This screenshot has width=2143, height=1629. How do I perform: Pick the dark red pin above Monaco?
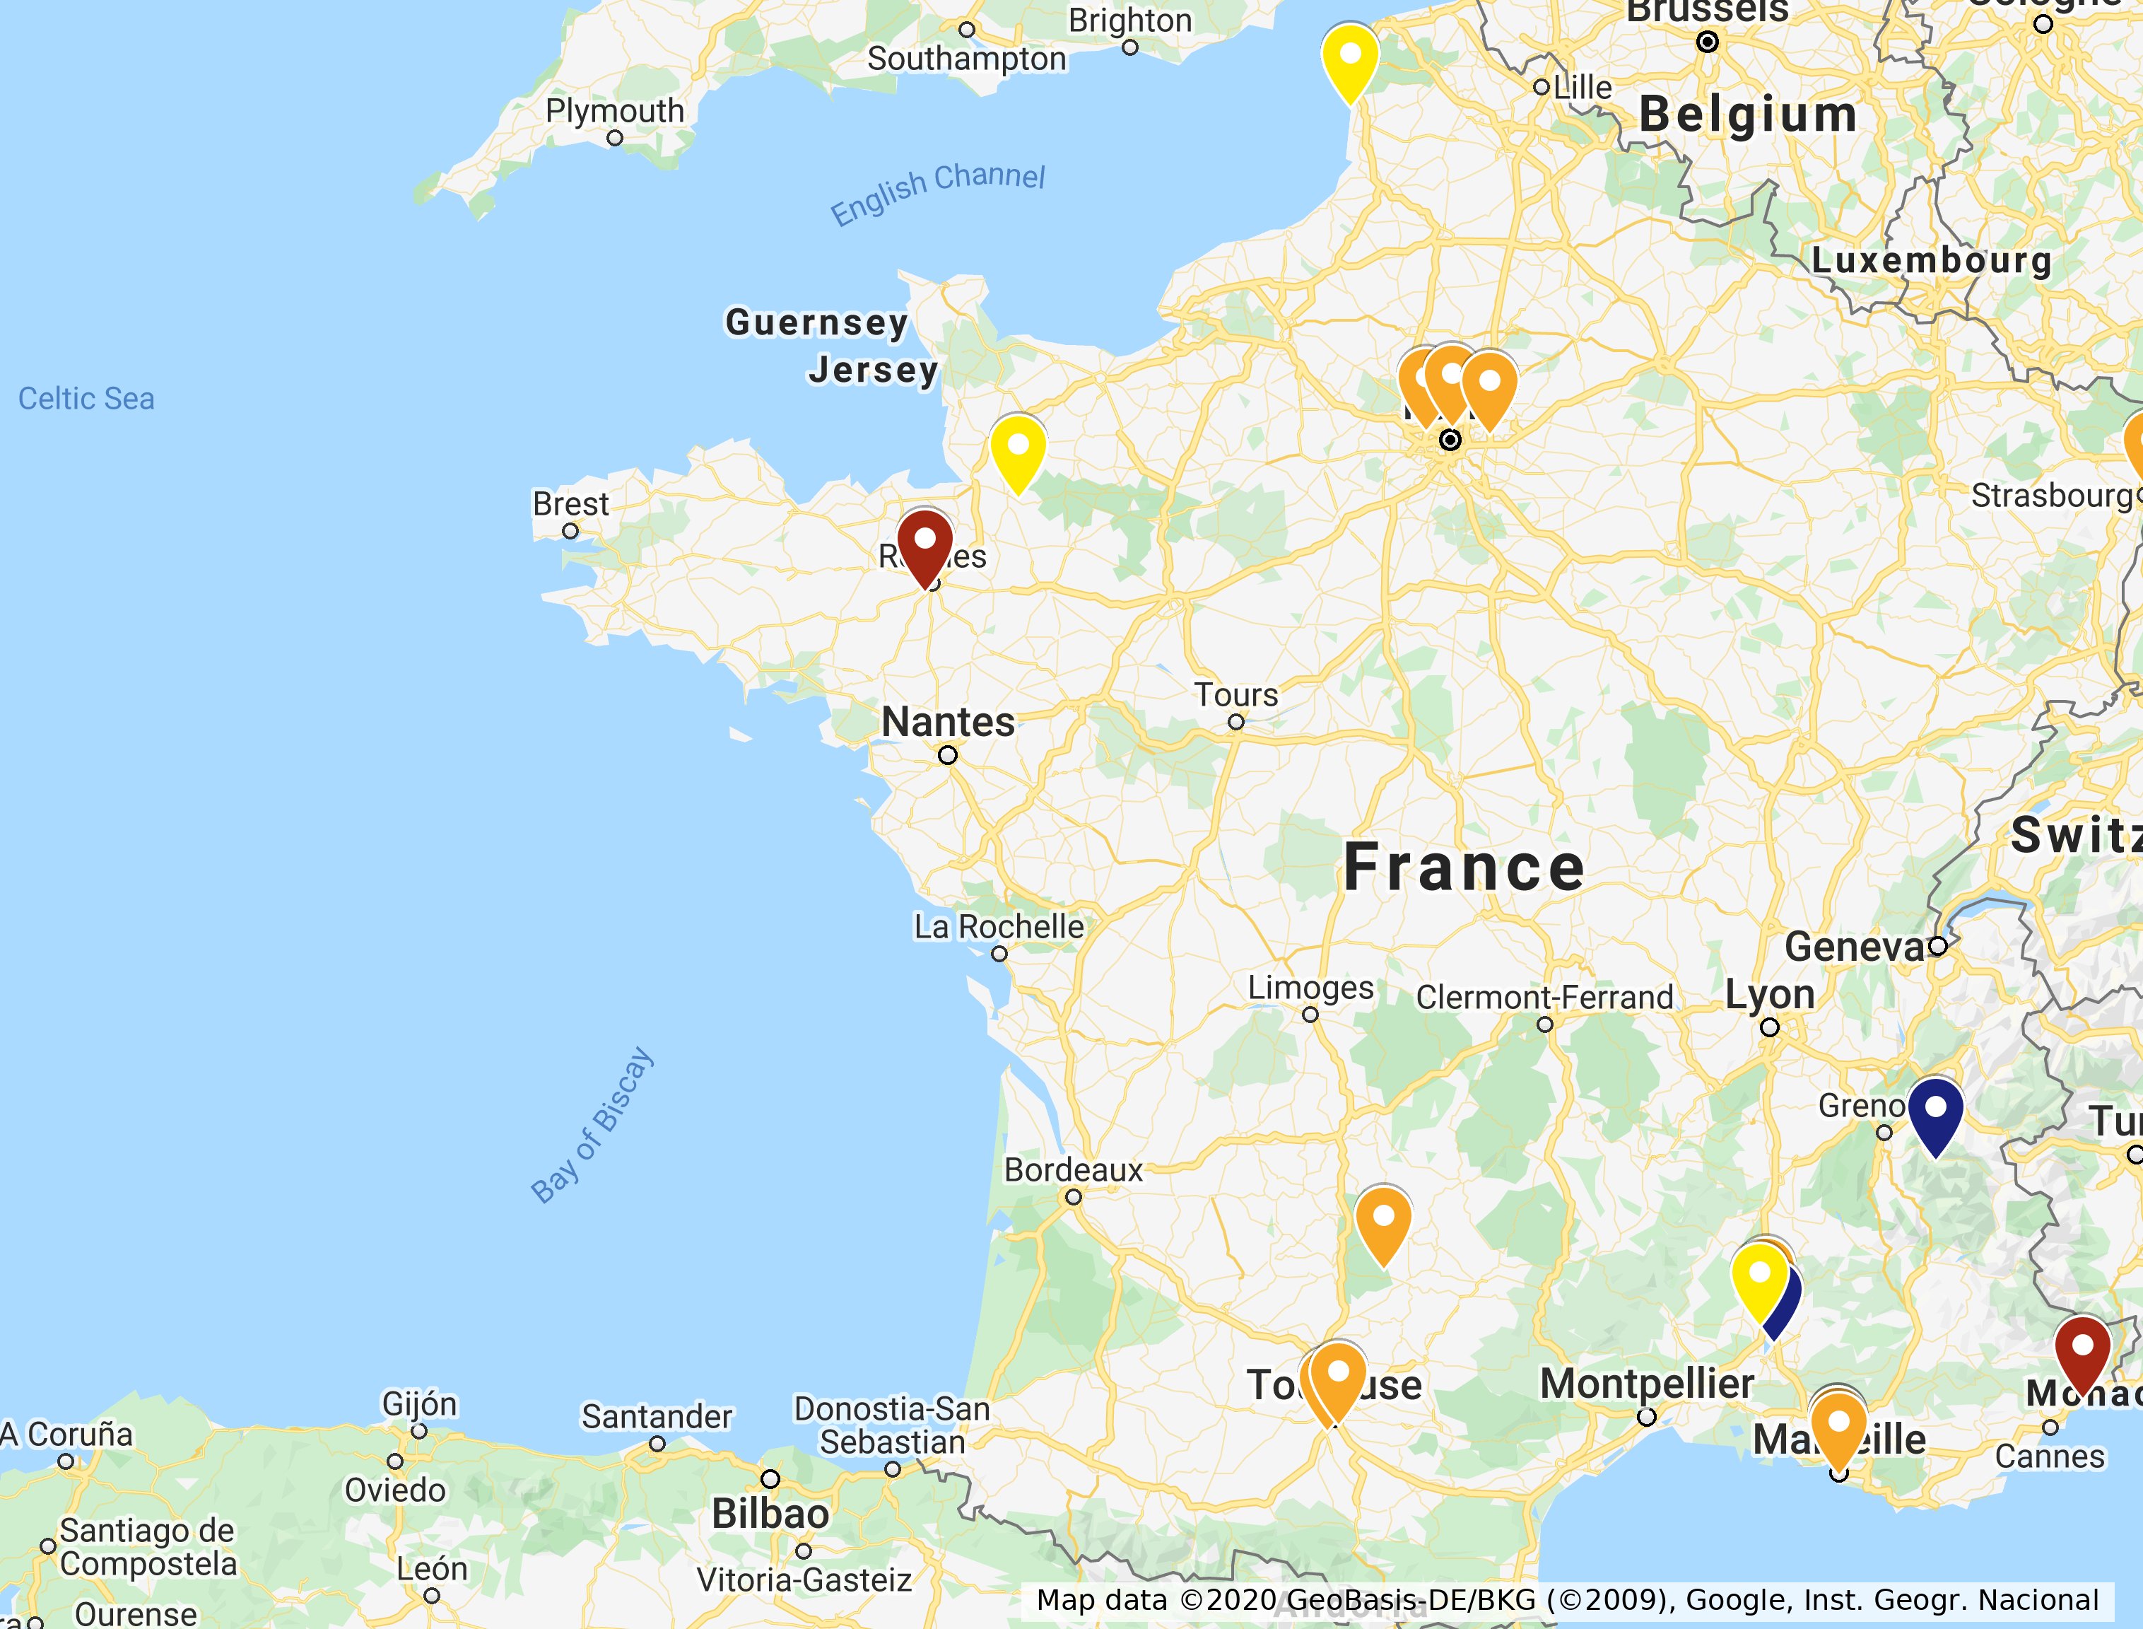tap(2082, 1350)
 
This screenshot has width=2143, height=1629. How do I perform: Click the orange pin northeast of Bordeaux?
tap(1383, 1222)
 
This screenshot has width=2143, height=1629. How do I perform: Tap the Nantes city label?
tap(948, 723)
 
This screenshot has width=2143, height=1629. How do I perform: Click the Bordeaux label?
tap(1073, 1170)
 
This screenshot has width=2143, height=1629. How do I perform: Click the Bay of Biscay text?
tap(592, 1125)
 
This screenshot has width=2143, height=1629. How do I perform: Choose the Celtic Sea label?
tap(86, 399)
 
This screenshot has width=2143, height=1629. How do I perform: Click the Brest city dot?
tap(570, 532)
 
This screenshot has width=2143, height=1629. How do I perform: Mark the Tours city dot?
tap(1235, 723)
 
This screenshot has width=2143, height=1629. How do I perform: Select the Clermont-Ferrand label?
tap(1544, 997)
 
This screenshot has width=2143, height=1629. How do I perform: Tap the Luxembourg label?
tap(1931, 260)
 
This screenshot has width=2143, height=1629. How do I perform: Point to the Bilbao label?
tap(770, 1514)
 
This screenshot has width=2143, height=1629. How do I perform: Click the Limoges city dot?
tap(1310, 1015)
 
